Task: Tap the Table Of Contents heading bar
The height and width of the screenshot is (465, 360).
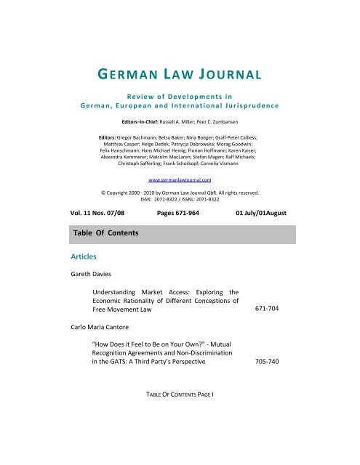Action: (x=180, y=235)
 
